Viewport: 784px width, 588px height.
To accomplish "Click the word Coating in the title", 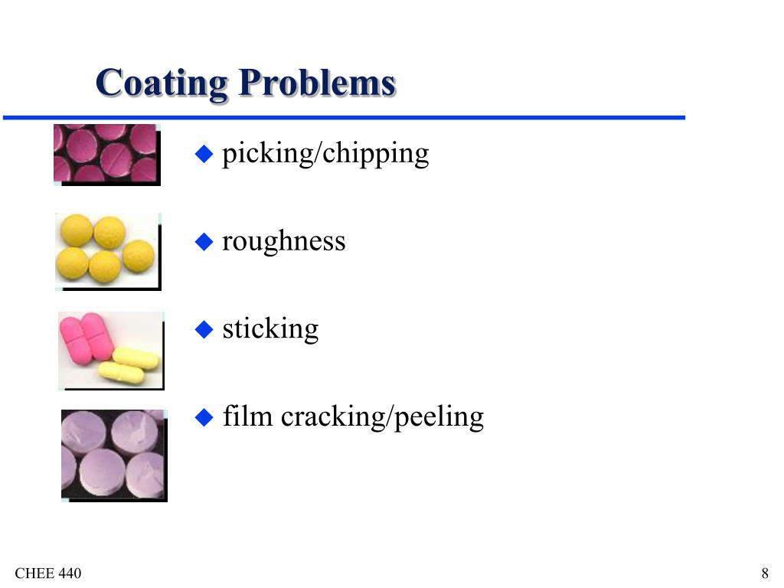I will point(162,83).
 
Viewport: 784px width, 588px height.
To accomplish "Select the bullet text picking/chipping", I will point(325,154).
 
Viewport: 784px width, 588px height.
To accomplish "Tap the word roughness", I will point(283,241).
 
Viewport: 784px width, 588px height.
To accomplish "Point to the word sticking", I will point(270,329).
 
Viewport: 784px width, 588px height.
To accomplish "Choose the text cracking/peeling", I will point(382,418).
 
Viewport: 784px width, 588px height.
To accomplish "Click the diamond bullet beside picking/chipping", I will point(203,155).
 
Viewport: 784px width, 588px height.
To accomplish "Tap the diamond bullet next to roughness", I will point(203,243).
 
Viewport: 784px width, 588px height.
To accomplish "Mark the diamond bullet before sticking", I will point(203,330).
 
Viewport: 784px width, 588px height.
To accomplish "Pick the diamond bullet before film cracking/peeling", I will point(203,418).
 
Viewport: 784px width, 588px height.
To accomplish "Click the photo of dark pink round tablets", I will point(105,153).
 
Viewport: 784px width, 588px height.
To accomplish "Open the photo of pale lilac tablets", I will point(113,454).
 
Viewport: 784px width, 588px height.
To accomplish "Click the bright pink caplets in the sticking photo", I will point(87,337).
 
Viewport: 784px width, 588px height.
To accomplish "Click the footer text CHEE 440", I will point(48,574).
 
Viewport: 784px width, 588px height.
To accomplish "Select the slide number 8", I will point(765,574).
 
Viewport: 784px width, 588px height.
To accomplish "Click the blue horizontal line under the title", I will point(345,118).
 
